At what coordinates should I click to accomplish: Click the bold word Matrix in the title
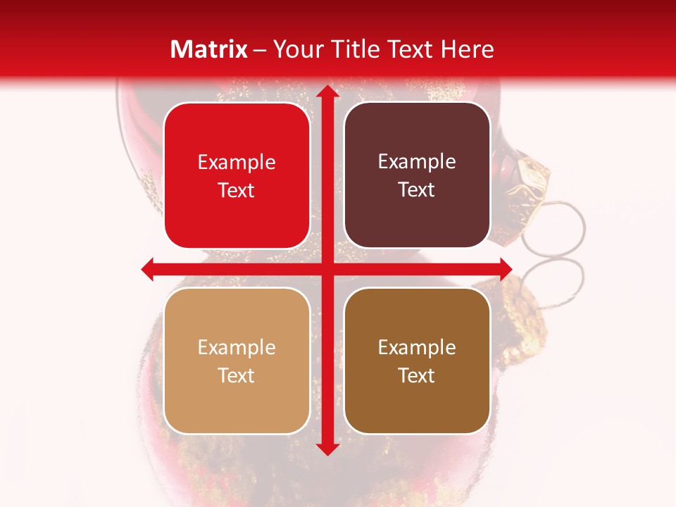pyautogui.click(x=209, y=49)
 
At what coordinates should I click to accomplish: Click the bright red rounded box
pyautogui.click(x=237, y=176)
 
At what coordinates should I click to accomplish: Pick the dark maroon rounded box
pyautogui.click(x=417, y=175)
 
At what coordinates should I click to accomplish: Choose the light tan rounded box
pyautogui.click(x=237, y=361)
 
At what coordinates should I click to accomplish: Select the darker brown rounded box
pyautogui.click(x=417, y=361)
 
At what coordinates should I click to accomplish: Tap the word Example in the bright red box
pyautogui.click(x=237, y=163)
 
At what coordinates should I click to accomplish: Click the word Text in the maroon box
pyautogui.click(x=417, y=190)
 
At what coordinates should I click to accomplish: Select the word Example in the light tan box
pyautogui.click(x=237, y=348)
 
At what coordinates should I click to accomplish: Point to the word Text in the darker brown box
pyautogui.click(x=417, y=375)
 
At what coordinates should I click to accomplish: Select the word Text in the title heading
pyautogui.click(x=411, y=49)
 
